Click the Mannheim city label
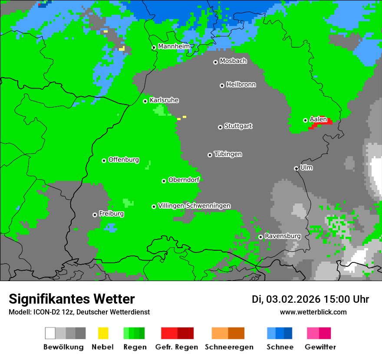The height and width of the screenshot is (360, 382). click(174, 46)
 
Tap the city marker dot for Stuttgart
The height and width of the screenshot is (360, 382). click(220, 127)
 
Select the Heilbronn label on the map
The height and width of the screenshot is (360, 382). click(241, 85)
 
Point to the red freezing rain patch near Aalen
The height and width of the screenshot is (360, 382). click(323, 122)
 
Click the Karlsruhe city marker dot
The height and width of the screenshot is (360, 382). click(145, 101)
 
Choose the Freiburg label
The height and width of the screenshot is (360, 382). click(111, 214)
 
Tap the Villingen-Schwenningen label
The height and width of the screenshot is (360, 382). click(194, 206)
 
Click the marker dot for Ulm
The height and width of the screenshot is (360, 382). click(296, 168)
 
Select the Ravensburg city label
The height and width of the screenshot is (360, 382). click(283, 236)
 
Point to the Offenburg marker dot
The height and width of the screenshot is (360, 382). click(104, 160)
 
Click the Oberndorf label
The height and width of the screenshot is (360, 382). click(184, 180)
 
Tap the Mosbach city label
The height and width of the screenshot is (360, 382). click(233, 61)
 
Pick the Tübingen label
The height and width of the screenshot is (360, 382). click(228, 154)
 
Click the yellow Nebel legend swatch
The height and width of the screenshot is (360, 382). click(103, 333)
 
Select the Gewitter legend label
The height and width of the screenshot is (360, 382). click(320, 347)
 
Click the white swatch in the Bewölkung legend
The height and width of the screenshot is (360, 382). click(50, 333)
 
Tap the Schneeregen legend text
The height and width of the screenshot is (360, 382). click(229, 347)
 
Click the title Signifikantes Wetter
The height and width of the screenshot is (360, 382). click(72, 299)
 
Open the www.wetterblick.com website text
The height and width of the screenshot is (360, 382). click(313, 312)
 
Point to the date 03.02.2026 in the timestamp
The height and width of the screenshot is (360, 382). click(293, 299)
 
